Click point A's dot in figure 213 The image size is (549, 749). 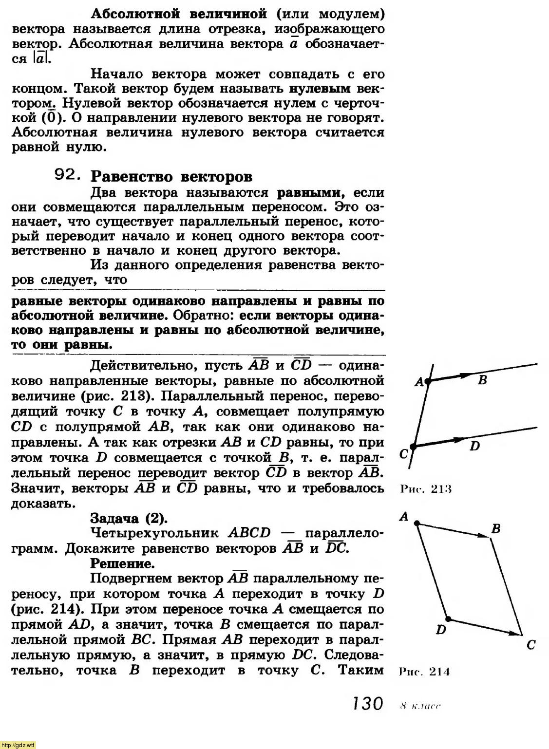point(428,382)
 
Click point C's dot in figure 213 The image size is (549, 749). point(413,446)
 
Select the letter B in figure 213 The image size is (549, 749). point(482,380)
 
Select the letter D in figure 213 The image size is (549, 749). point(475,446)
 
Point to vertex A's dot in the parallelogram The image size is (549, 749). point(417,523)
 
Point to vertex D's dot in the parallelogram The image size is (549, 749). point(449,619)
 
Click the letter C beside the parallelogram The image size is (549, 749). point(531,645)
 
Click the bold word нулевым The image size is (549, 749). point(320,89)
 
